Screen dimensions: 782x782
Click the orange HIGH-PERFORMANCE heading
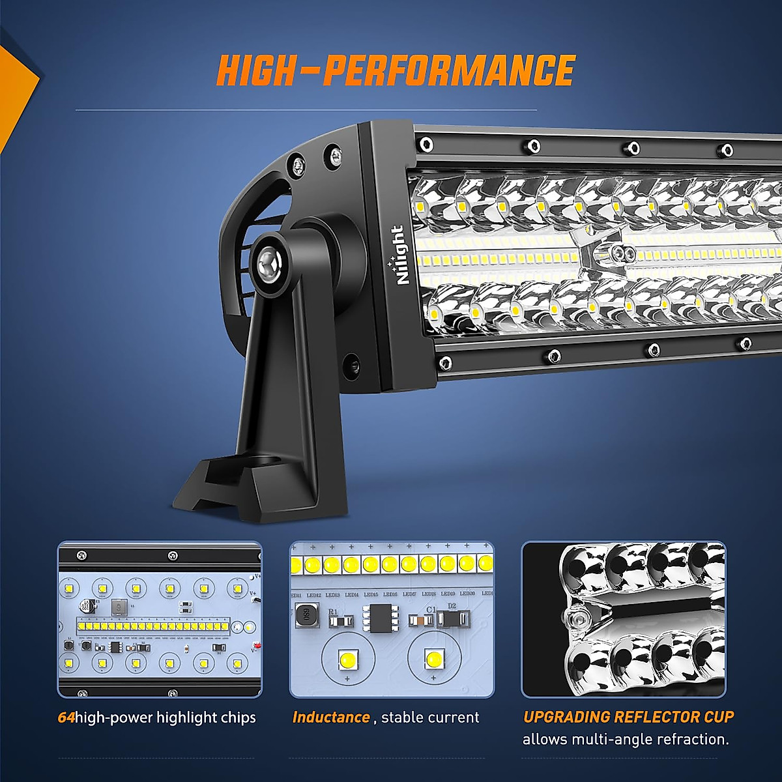pos(395,71)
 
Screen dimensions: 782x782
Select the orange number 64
pos(66,717)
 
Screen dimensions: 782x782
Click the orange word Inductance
pos(331,717)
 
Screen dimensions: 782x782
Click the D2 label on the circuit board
pos(452,606)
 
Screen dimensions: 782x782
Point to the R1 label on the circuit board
pos(332,612)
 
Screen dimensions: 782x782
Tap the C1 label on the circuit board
pos(431,609)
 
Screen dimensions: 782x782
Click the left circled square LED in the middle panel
pos(347,660)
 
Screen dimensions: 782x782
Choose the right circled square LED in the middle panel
pos(433,659)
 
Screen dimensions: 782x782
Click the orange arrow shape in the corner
pos(16,91)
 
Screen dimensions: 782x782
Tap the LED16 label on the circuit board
pos(390,594)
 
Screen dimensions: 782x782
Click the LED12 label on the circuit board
pos(314,594)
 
